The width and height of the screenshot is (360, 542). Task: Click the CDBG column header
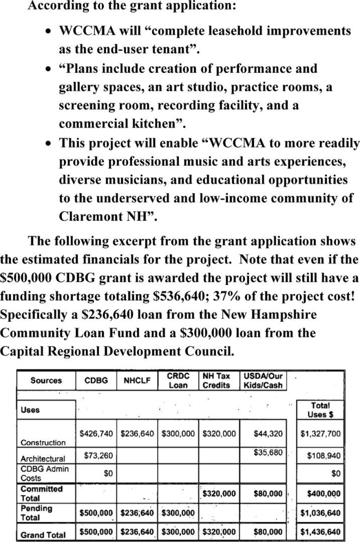pos(96,381)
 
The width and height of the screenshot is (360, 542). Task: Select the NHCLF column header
pos(137,381)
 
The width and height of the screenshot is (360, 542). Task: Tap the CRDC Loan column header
pos(178,380)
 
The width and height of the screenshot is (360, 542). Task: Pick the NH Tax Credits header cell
pos(216,380)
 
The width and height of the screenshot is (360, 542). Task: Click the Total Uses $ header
pos(320,410)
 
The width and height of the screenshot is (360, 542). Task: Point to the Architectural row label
pos(43,459)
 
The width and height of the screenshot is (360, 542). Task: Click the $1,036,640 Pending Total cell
pos(320,513)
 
